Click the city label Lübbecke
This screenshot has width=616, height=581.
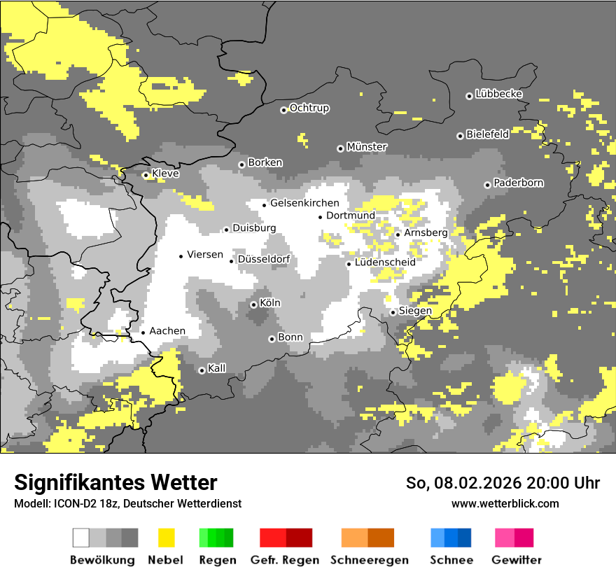[x=498, y=94]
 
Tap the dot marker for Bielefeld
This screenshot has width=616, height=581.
[x=460, y=136]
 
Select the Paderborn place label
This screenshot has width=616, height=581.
[x=518, y=183]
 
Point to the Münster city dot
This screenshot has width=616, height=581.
[x=340, y=148]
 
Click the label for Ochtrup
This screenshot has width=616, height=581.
[x=309, y=108]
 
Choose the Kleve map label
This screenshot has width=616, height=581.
[x=165, y=174]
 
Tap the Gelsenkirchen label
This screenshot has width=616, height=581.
[x=304, y=203]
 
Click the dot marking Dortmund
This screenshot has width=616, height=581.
[x=321, y=217]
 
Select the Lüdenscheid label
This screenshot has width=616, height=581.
[x=385, y=262]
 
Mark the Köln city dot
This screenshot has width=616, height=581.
[x=253, y=304]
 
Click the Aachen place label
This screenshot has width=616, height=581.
[x=167, y=330]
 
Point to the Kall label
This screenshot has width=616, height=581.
[x=217, y=367]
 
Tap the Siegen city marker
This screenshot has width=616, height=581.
[x=393, y=313]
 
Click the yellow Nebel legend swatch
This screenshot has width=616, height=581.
[x=166, y=538]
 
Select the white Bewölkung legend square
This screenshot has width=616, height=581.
[x=81, y=538]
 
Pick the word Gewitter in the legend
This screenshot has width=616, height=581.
[x=516, y=560]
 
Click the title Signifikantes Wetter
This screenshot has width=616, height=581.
[x=115, y=482]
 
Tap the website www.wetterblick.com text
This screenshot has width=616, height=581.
[x=505, y=503]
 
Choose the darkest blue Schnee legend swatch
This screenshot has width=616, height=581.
[x=465, y=538]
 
